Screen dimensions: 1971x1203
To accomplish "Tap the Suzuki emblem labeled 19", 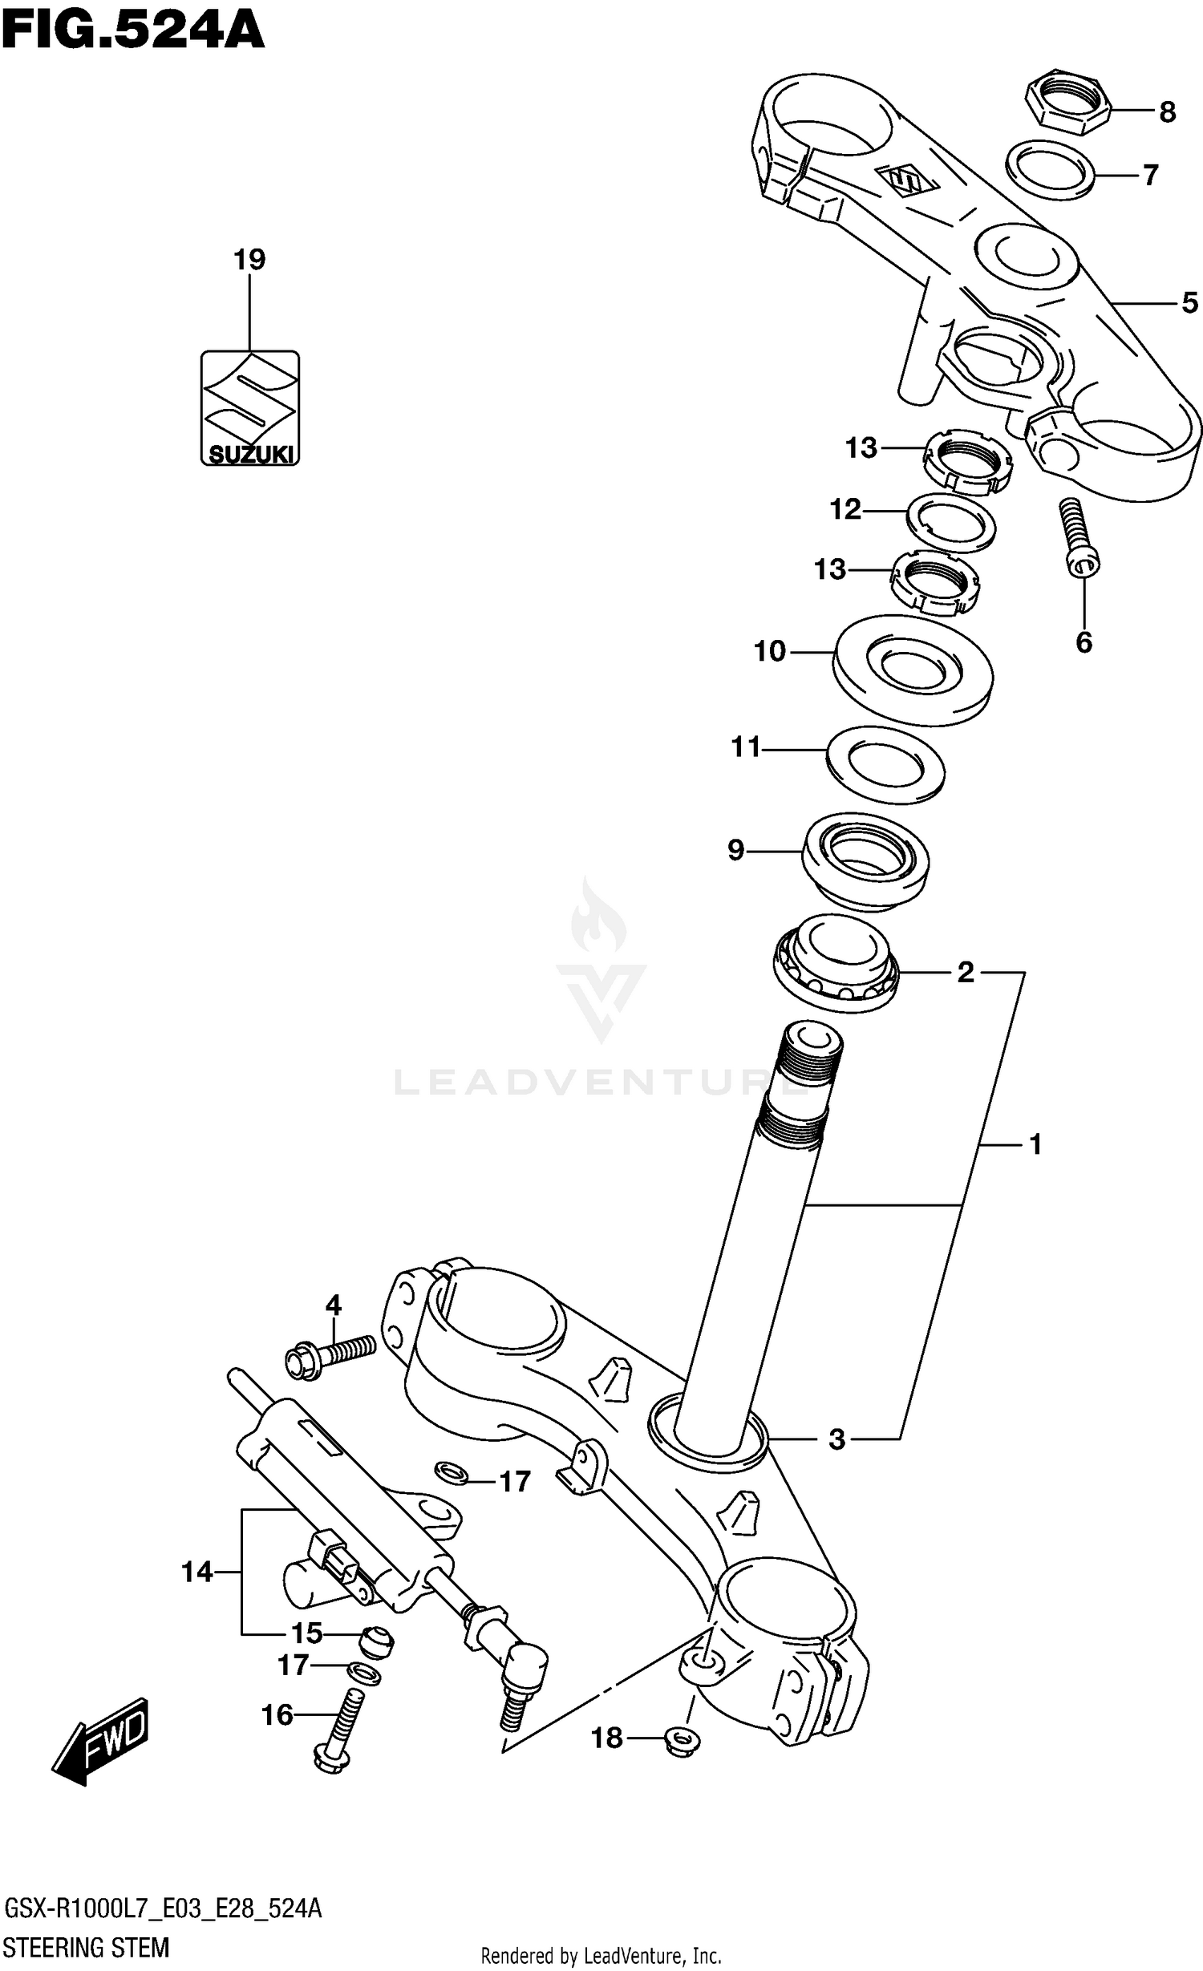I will click(x=249, y=407).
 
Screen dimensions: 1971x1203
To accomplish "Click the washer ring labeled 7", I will click(x=1051, y=169).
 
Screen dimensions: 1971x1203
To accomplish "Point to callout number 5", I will click(x=1189, y=303).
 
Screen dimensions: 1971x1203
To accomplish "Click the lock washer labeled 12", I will click(x=951, y=523).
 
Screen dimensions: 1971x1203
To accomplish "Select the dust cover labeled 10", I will click(x=913, y=670).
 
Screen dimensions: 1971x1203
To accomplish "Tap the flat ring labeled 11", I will click(x=885, y=764).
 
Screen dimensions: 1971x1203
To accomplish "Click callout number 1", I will click(x=1035, y=1144).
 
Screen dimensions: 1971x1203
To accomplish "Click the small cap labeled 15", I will click(x=375, y=1639).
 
